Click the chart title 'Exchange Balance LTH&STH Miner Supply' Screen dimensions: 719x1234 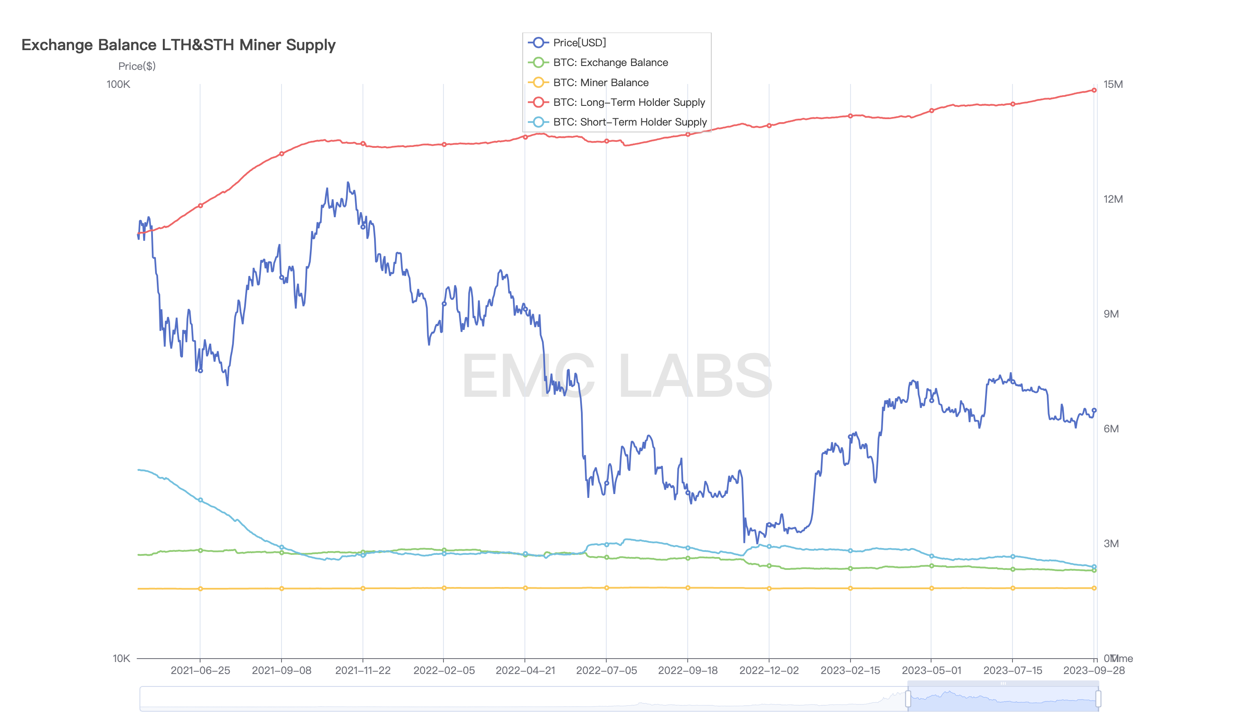point(178,45)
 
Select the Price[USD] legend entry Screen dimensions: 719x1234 point(579,42)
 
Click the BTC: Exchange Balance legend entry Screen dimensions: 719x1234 point(610,63)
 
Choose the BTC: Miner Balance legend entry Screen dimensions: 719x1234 point(600,83)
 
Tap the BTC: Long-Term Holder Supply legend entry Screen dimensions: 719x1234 point(628,102)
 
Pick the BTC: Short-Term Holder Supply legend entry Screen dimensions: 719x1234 point(629,122)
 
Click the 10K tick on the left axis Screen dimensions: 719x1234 point(121,658)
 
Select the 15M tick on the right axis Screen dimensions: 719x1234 point(1113,84)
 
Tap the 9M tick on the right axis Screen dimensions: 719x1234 point(1111,314)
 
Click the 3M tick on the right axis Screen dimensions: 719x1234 point(1111,544)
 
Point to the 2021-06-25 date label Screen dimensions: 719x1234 point(200,671)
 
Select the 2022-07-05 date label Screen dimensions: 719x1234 point(606,671)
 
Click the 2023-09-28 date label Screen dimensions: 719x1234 point(1093,671)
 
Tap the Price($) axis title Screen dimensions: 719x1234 point(137,66)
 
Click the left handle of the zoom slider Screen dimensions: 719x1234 point(908,698)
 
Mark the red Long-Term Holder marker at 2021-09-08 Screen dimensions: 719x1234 point(282,154)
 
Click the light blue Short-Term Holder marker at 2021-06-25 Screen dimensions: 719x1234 point(200,500)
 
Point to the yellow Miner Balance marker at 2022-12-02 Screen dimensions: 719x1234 point(769,589)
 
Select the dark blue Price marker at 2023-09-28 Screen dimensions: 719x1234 point(1094,410)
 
